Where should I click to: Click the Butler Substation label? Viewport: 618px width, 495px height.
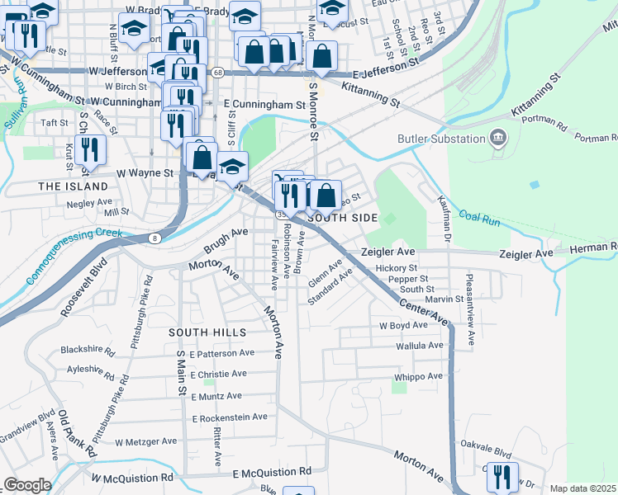pyautogui.click(x=441, y=139)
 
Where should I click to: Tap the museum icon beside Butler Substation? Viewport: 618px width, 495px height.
pyautogui.click(x=498, y=137)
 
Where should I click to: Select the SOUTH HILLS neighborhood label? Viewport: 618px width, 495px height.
pyautogui.click(x=207, y=332)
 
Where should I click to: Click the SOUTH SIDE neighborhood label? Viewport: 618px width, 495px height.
pyautogui.click(x=342, y=218)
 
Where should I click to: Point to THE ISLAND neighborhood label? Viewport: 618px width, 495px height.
pyautogui.click(x=74, y=187)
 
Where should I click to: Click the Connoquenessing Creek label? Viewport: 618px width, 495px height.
pyautogui.click(x=74, y=254)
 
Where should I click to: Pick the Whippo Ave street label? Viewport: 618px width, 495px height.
pyautogui.click(x=419, y=376)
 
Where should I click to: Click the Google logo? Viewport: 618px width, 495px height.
pyautogui.click(x=27, y=485)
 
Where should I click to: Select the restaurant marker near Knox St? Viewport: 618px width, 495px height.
pyautogui.click(x=92, y=150)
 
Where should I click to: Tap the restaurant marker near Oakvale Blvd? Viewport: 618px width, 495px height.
pyautogui.click(x=502, y=476)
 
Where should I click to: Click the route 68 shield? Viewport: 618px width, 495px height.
pyautogui.click(x=217, y=73)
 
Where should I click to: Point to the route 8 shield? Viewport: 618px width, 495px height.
pyautogui.click(x=154, y=238)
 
